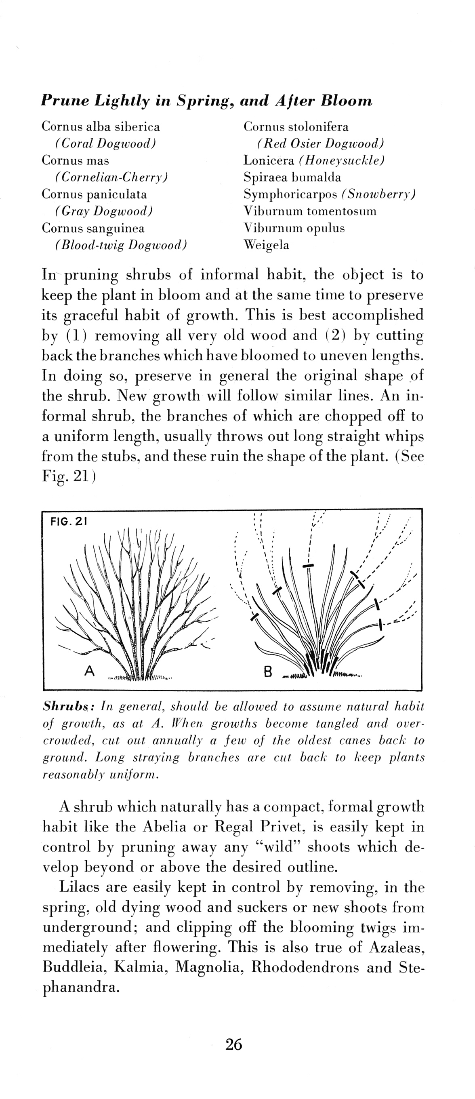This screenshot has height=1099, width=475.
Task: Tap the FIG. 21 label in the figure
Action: [x=69, y=521]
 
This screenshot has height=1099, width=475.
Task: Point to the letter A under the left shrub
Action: [x=89, y=671]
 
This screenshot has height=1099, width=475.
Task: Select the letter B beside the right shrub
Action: [x=268, y=672]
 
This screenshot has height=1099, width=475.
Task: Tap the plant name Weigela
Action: [x=266, y=245]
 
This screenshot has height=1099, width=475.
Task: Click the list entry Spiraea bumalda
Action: [x=292, y=177]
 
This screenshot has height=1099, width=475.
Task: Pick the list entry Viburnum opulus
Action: [x=294, y=228]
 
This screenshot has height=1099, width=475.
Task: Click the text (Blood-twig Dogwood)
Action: [x=121, y=245]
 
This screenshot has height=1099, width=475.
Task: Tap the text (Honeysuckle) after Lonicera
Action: [x=342, y=160]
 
